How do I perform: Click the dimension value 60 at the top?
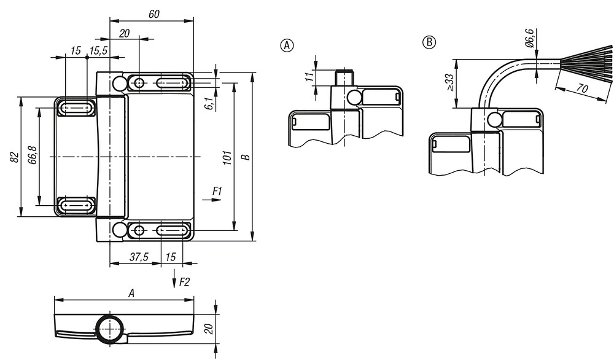[x=154, y=14]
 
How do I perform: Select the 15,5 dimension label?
[x=98, y=50]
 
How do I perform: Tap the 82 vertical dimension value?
[x=14, y=157]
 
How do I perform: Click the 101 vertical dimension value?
[x=228, y=157]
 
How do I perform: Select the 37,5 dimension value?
[x=139, y=257]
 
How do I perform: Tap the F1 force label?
[x=217, y=191]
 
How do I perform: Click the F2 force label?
[x=184, y=282]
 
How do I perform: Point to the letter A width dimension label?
[x=131, y=293]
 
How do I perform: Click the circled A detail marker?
[x=287, y=45]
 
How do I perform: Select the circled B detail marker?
[x=429, y=42]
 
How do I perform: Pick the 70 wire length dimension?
[x=583, y=88]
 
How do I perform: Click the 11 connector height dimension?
[x=309, y=77]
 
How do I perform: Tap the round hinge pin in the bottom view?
[x=111, y=329]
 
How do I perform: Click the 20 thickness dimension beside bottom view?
[x=209, y=329]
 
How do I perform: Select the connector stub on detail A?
[x=344, y=77]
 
